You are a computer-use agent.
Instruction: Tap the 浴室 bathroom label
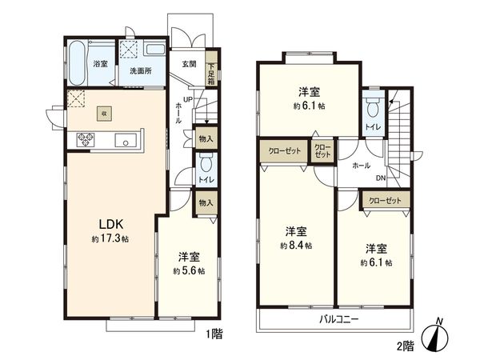100,63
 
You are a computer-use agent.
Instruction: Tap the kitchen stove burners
86,141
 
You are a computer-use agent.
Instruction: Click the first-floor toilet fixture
206,165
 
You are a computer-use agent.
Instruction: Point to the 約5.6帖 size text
189,271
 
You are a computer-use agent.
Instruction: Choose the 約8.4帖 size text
296,245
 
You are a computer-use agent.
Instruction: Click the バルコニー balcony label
334,319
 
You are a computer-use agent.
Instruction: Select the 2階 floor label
404,346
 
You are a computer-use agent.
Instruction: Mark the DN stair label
381,178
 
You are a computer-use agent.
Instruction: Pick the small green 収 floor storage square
104,114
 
